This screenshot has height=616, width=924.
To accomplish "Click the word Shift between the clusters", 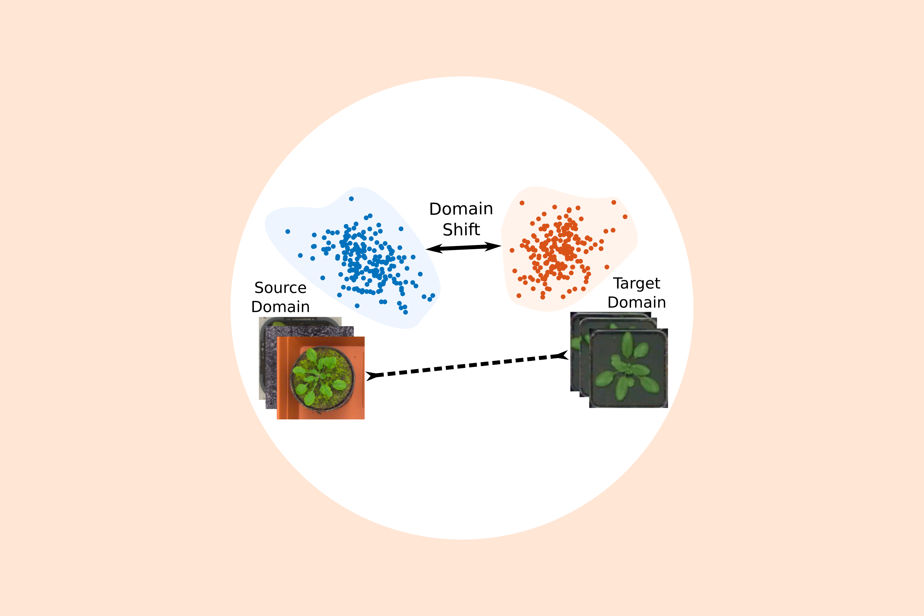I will (x=461, y=229).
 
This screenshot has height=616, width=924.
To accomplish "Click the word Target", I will (x=637, y=284).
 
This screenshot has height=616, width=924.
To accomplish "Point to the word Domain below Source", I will (x=280, y=307).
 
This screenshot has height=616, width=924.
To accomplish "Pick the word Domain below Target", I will (x=637, y=303).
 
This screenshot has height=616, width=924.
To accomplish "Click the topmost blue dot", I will (x=351, y=199).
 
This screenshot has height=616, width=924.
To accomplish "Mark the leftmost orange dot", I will (x=512, y=250).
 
